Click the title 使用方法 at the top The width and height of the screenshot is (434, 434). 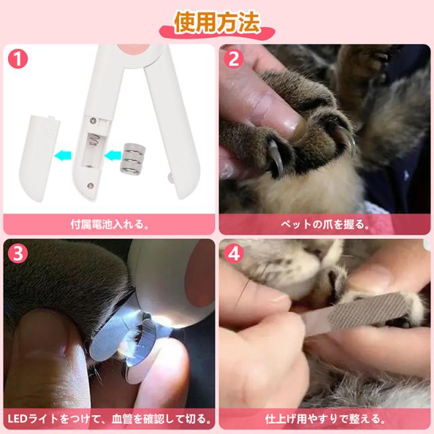(x=217, y=22)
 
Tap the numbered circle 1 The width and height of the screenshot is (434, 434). (x=18, y=59)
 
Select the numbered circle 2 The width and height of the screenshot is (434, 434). (x=233, y=59)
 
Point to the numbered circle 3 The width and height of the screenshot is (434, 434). (x=18, y=254)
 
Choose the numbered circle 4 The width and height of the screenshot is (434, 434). (x=233, y=254)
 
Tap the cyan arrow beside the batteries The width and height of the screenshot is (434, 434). (x=113, y=155)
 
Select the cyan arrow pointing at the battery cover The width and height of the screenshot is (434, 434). (x=63, y=155)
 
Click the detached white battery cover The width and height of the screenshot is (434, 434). (x=39, y=158)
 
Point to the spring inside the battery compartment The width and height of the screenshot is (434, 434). (x=94, y=140)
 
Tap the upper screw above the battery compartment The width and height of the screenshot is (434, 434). (x=94, y=120)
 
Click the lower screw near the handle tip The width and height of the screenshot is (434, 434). (x=90, y=185)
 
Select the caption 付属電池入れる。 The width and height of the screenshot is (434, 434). (x=109, y=224)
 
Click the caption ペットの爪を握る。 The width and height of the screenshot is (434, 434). (x=325, y=224)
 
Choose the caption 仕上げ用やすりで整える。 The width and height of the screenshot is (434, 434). (x=325, y=419)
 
